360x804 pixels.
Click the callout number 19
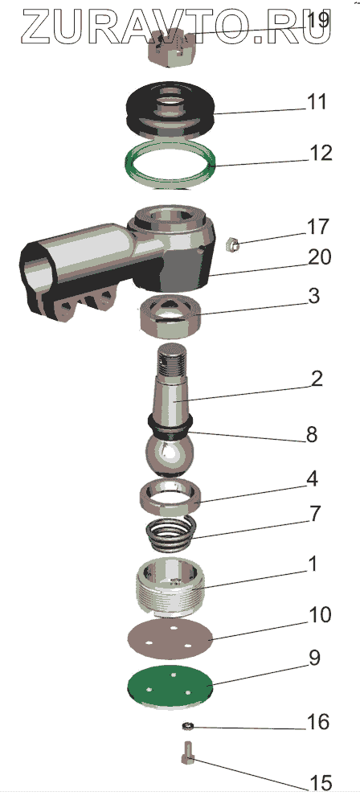click(317, 21)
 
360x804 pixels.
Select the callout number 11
click(317, 101)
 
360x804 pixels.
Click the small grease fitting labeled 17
click(233, 244)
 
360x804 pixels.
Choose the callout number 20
click(319, 256)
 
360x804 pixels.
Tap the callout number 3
click(313, 297)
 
